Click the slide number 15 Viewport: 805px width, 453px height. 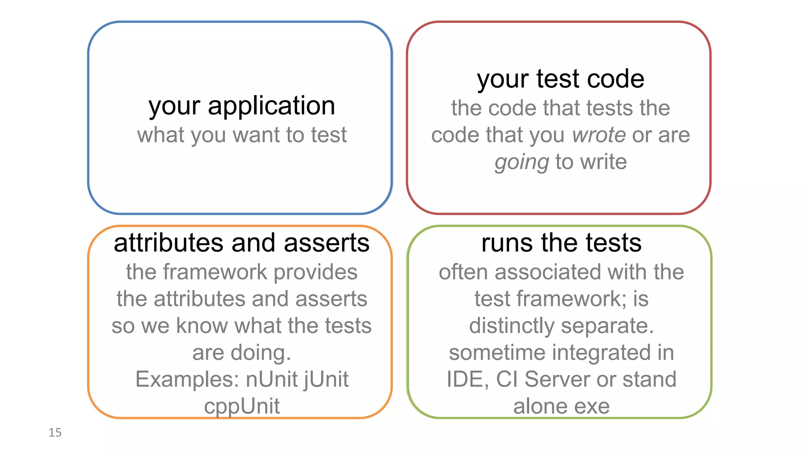55,433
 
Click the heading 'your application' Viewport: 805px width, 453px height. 242,106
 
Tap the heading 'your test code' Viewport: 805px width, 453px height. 561,79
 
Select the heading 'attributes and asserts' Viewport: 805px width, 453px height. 241,243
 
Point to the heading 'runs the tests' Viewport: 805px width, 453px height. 561,243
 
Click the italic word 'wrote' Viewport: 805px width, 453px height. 599,135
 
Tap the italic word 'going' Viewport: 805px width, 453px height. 522,162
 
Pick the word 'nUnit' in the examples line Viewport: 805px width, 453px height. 272,379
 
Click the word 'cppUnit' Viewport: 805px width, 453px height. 242,406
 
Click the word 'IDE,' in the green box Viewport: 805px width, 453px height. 467,379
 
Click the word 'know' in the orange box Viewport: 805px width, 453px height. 202,326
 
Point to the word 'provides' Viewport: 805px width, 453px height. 315,272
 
